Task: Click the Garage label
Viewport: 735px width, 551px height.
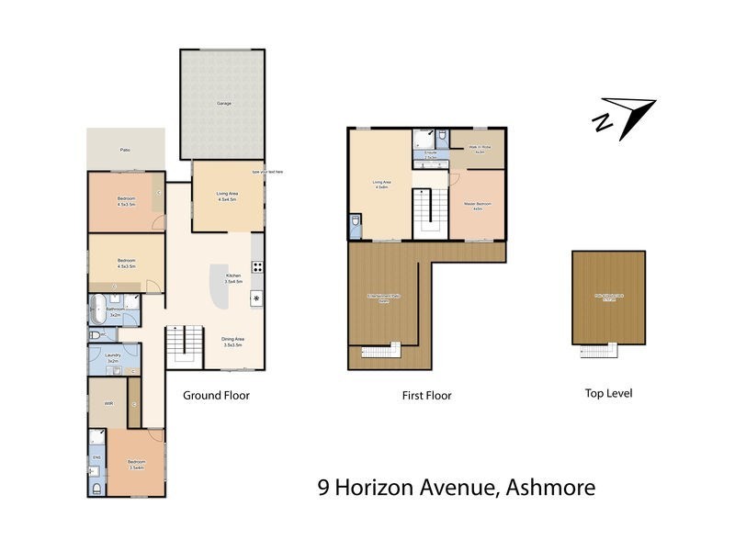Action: (223, 103)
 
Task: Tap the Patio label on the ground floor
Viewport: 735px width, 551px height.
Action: (124, 149)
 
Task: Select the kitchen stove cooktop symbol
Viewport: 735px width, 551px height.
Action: (258, 268)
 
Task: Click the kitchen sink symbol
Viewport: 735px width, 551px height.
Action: (257, 298)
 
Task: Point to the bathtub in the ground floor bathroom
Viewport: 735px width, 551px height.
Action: (99, 310)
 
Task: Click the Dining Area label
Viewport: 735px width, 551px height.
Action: (232, 342)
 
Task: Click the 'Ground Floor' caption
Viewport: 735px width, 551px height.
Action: (216, 395)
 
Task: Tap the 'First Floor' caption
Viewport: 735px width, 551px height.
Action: (426, 396)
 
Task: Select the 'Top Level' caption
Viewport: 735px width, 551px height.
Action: (608, 393)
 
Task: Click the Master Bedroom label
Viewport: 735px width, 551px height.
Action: (477, 205)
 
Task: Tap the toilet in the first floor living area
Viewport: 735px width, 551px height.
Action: (356, 223)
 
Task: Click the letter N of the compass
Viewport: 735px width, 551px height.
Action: (603, 122)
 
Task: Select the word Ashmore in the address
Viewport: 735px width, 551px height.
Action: (549, 487)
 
